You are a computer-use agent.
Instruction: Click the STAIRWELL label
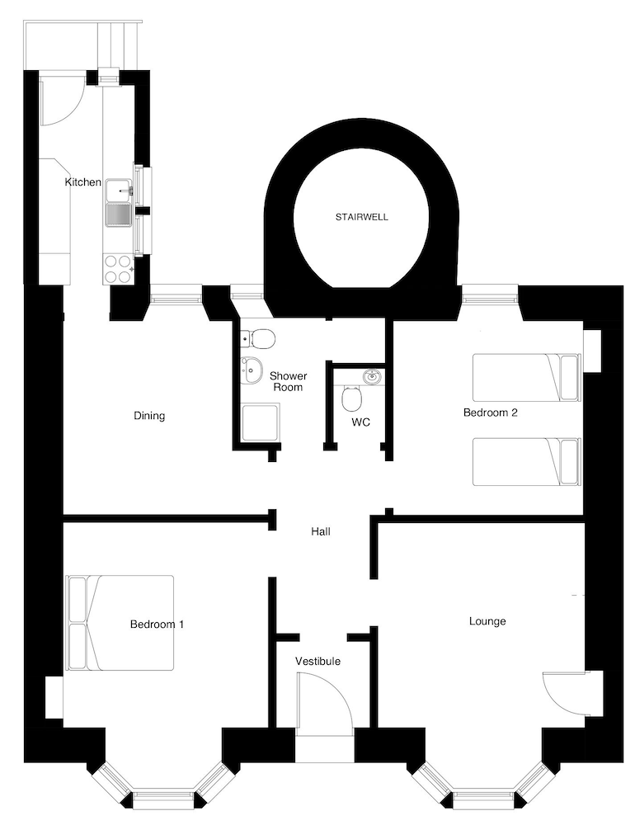362,217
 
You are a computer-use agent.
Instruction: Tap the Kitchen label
82,182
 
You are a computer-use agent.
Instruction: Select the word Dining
149,416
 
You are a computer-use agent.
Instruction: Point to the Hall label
321,531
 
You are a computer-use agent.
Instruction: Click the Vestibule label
317,661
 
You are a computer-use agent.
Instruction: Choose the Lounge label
487,621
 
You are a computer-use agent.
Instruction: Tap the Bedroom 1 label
157,624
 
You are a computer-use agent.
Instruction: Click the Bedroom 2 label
491,412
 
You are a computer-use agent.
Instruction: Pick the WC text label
361,422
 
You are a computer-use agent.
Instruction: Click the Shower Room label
289,381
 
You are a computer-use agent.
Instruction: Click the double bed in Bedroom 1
120,623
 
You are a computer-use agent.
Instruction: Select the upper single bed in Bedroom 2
527,377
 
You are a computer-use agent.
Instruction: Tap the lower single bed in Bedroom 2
527,461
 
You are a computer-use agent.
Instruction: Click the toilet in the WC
352,398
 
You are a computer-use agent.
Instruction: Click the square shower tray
261,422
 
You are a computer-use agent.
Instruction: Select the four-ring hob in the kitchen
118,269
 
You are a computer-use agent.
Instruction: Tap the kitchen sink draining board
119,215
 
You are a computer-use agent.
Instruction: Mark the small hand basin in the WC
373,376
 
